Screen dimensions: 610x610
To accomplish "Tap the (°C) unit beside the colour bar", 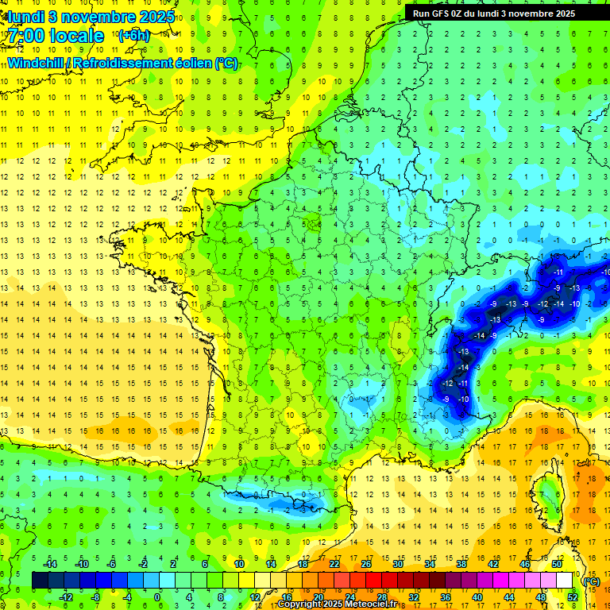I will click(590, 581).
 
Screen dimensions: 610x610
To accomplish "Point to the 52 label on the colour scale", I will click(573, 596).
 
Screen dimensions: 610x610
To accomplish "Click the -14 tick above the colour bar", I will click(49, 564).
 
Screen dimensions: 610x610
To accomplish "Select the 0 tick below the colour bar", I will click(157, 596).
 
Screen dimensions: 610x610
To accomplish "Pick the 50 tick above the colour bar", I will click(557, 564).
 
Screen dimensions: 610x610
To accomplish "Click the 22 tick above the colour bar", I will click(334, 564).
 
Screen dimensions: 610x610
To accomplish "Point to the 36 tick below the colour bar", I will click(446, 596).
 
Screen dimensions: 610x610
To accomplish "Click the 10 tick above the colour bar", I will click(239, 564).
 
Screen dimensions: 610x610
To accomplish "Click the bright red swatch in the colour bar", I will click(374, 581).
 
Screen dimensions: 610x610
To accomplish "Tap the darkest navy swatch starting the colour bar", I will click(41, 581).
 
